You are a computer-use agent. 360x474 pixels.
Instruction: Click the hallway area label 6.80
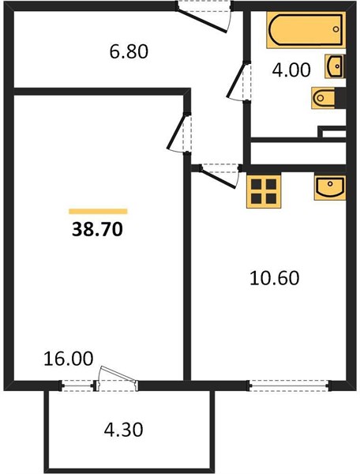pyautogui.click(x=129, y=51)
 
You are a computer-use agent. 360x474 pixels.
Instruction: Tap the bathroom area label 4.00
pyautogui.click(x=291, y=70)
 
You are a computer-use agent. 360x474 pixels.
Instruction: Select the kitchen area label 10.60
pyautogui.click(x=275, y=278)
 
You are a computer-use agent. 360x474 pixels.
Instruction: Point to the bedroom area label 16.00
pyautogui.click(x=69, y=359)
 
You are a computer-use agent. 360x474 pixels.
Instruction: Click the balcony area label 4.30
pyautogui.click(x=123, y=430)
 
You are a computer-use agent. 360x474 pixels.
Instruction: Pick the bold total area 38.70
pyautogui.click(x=97, y=230)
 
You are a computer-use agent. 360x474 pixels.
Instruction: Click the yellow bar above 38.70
pyautogui.click(x=98, y=211)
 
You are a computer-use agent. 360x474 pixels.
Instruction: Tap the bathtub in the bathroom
pyautogui.click(x=306, y=30)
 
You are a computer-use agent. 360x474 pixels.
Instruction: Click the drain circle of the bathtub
pyautogui.click(x=336, y=29)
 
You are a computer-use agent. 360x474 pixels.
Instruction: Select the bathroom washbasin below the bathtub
pyautogui.click(x=335, y=66)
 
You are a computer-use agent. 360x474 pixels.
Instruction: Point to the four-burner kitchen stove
pyautogui.click(x=264, y=191)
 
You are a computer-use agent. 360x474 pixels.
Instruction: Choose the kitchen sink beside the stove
pyautogui.click(x=330, y=187)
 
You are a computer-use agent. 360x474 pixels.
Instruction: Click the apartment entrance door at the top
pyautogui.click(x=204, y=17)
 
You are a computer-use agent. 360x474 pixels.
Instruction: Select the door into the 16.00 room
pyautogui.click(x=179, y=133)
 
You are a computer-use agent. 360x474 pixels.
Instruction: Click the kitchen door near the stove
pyautogui.click(x=220, y=176)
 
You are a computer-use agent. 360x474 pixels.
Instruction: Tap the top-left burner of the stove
pyautogui.click(x=257, y=183)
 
